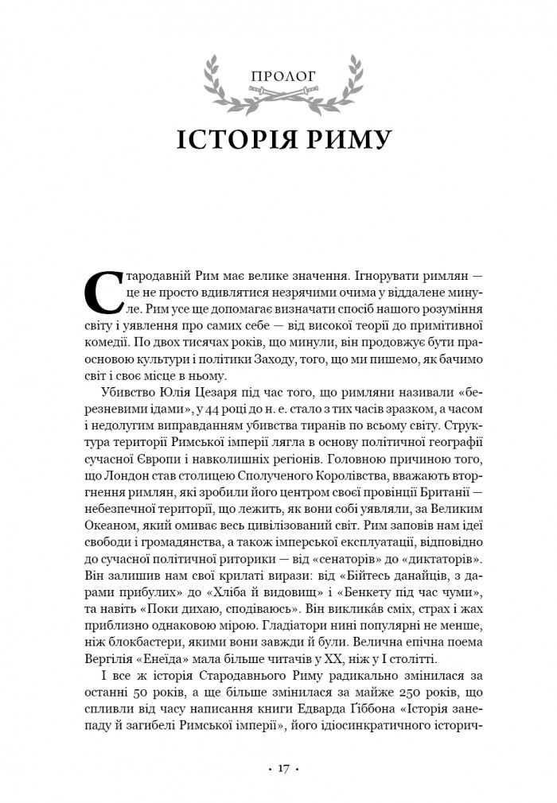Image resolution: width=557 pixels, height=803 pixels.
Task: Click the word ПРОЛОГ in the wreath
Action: point(278,77)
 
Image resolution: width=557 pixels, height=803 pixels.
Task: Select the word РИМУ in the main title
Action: point(347,137)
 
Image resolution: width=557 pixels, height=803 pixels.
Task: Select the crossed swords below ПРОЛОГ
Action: point(278,96)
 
